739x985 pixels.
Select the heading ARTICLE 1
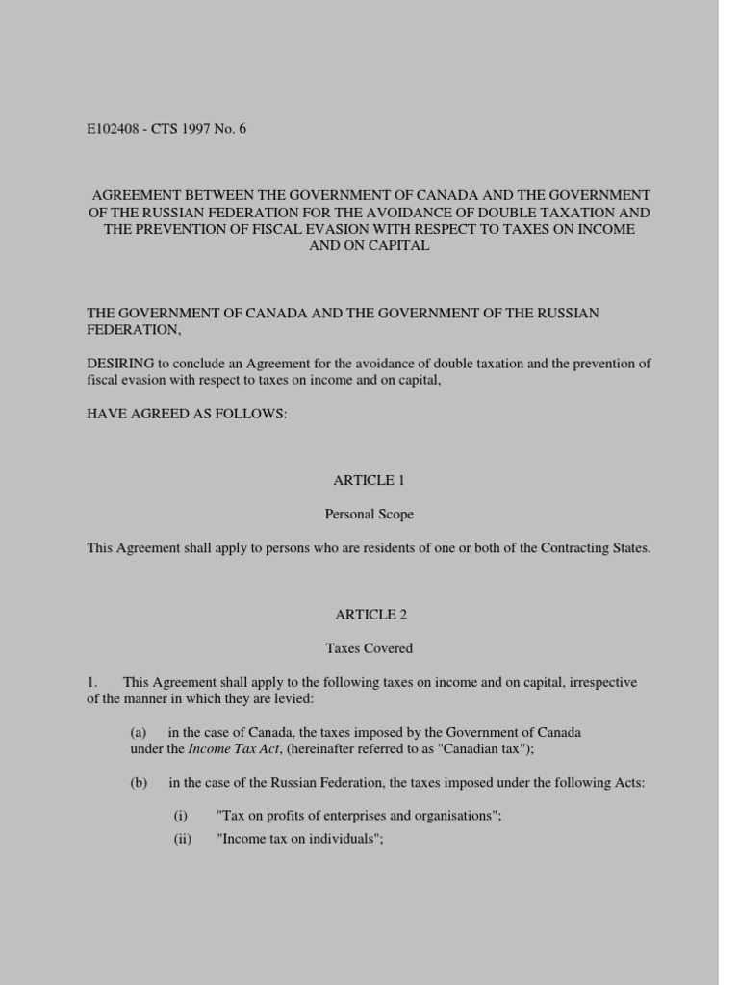[364, 479]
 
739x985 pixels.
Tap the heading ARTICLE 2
[364, 614]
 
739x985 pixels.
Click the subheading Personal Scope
[369, 514]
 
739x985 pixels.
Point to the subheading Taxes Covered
[369, 648]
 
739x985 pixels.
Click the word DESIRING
[115, 364]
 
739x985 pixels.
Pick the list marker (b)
[139, 783]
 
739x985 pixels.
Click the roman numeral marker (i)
[181, 816]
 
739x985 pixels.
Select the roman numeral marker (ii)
[183, 839]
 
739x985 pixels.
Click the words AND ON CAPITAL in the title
[369, 245]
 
